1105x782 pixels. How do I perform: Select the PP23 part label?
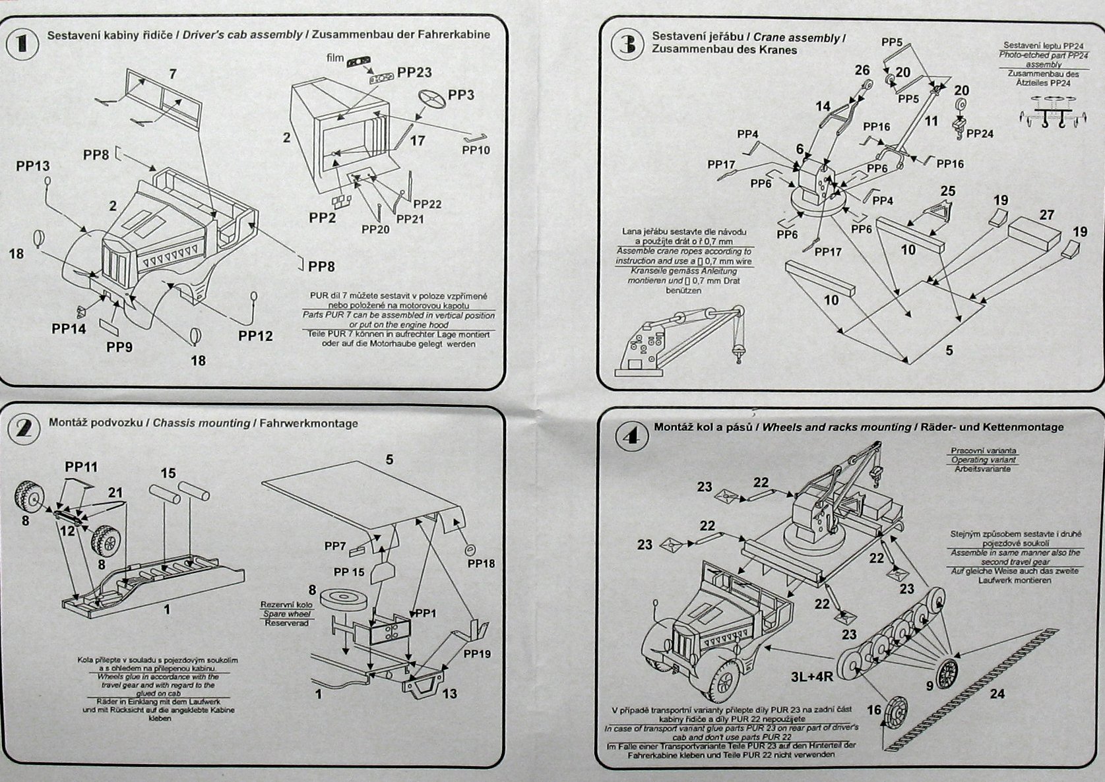[414, 73]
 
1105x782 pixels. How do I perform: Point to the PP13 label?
[33, 165]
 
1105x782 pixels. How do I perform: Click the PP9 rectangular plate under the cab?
[110, 325]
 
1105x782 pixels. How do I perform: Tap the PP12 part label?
[255, 336]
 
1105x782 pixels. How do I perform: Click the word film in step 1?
[334, 58]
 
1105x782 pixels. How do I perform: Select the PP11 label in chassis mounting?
[81, 467]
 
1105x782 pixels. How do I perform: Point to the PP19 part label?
[477, 654]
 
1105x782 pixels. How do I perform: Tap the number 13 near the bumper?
[450, 694]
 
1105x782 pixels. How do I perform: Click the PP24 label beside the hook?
[980, 134]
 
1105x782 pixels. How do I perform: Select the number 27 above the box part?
[1046, 215]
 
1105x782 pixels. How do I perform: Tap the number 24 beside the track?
[997, 694]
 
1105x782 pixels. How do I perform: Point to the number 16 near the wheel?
[874, 710]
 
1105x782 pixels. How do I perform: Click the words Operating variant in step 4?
[983, 460]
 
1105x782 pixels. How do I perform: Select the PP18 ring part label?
[481, 564]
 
